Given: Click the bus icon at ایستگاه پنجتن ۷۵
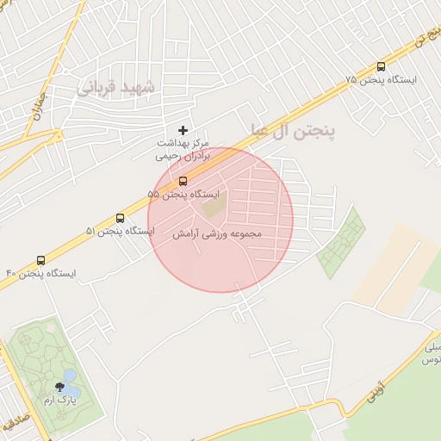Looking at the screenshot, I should point(382,66).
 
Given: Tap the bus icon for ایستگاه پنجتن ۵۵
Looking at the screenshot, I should point(183,181).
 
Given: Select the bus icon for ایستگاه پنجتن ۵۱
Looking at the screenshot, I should point(120,218).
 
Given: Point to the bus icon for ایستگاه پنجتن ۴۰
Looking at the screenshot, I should point(41,260).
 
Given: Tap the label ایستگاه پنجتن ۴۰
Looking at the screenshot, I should point(41,274).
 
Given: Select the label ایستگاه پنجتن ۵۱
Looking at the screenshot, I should point(120,232).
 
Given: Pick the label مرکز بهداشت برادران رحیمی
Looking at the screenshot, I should point(183,149).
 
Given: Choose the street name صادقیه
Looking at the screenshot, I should point(14,424).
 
